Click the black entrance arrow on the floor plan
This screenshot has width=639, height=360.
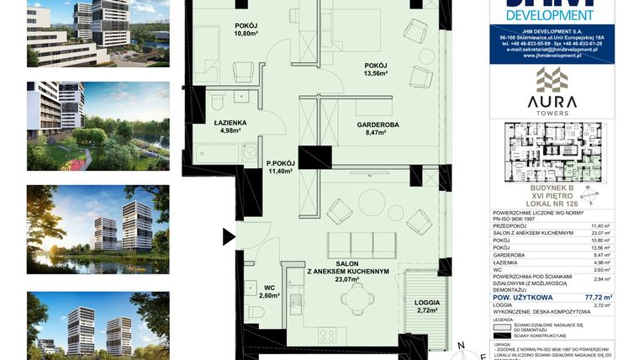[229, 237]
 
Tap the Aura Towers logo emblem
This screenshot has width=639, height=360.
[552, 82]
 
